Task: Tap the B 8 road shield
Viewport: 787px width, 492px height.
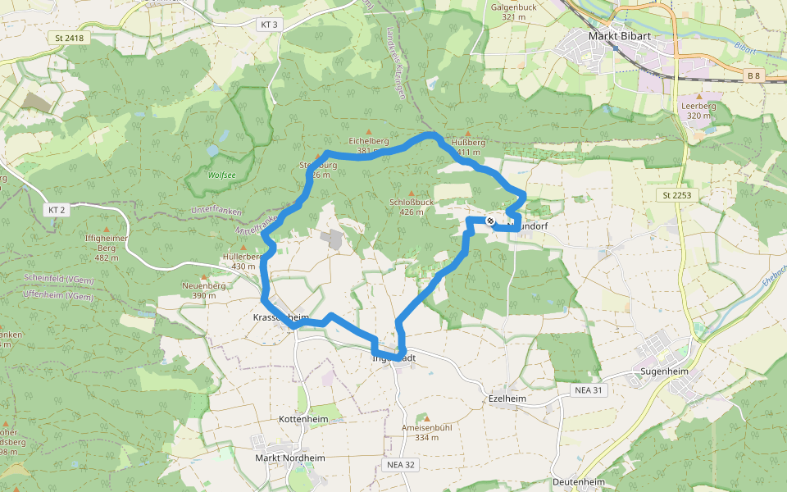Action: click(x=753, y=75)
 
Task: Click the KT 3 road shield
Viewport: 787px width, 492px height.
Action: click(x=269, y=25)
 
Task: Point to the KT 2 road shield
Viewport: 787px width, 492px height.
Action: click(x=55, y=210)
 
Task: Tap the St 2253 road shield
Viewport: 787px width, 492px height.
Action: click(x=672, y=195)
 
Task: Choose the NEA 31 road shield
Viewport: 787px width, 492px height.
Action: click(x=588, y=390)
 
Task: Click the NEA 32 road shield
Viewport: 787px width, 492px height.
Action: click(x=400, y=465)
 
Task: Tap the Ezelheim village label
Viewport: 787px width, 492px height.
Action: click(x=506, y=399)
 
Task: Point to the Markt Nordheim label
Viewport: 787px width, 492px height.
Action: click(x=290, y=458)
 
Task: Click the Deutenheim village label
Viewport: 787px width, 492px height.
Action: click(x=578, y=482)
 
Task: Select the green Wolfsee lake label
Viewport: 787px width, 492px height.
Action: click(x=221, y=175)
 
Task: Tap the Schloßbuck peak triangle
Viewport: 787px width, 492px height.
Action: click(x=412, y=194)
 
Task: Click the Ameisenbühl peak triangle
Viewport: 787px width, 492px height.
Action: click(x=426, y=418)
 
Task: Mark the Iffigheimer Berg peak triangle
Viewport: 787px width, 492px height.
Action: click(x=107, y=229)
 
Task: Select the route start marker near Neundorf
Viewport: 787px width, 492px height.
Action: click(x=490, y=221)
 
